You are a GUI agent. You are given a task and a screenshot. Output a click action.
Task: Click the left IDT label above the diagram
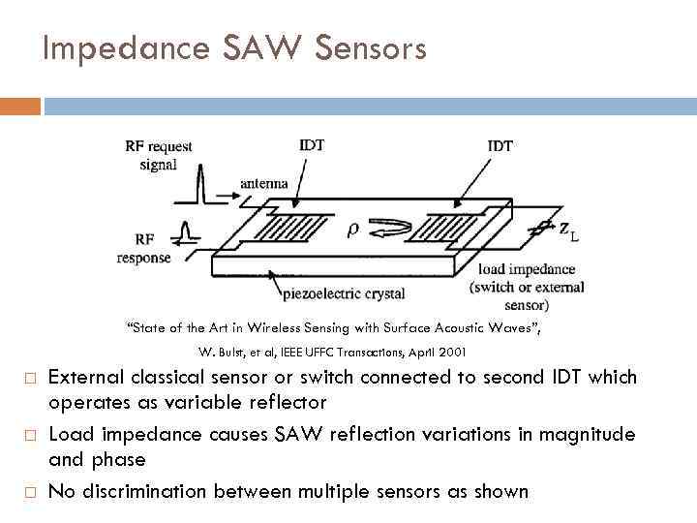click(x=311, y=145)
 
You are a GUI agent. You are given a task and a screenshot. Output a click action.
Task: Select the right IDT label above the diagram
click(x=500, y=145)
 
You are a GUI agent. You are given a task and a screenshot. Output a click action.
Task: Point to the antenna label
click(x=263, y=184)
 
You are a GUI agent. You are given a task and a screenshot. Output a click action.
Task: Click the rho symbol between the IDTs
click(x=352, y=230)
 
